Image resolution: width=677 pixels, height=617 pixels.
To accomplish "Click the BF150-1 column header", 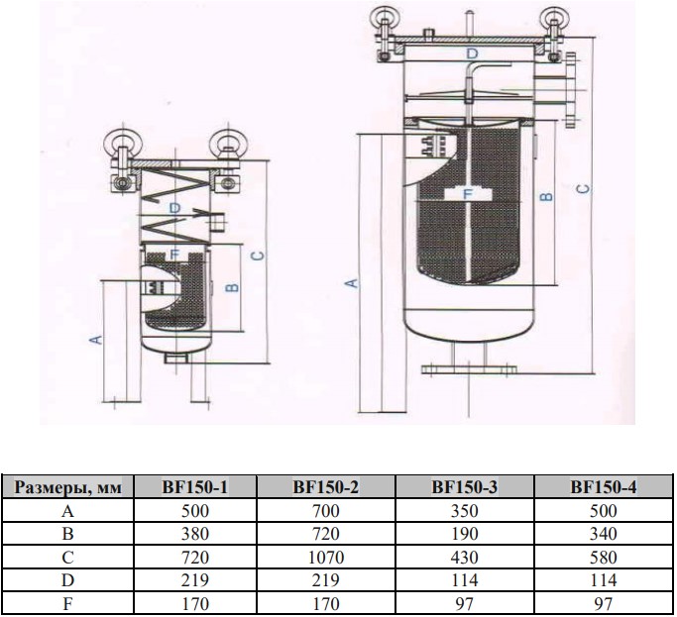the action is click(194, 487).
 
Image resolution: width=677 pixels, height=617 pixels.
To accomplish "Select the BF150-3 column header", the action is click(464, 487).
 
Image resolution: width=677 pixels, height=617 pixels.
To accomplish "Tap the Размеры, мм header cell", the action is click(67, 487).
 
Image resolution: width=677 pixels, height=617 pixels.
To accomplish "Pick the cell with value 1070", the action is click(326, 558).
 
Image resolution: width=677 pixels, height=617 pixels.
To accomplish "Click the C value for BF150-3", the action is click(464, 558).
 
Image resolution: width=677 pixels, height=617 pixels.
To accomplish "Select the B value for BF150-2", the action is click(326, 534).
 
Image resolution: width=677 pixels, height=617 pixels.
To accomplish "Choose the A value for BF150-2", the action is click(326, 511).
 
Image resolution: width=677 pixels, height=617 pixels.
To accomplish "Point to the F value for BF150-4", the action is click(604, 603).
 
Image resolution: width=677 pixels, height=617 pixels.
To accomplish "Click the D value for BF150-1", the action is click(194, 580).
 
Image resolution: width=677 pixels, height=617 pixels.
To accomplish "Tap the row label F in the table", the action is click(67, 603).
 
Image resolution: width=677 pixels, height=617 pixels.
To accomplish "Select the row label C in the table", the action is click(67, 558).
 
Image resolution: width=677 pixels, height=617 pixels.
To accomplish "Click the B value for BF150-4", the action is click(604, 534).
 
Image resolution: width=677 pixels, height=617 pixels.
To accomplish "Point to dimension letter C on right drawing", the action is click(584, 188).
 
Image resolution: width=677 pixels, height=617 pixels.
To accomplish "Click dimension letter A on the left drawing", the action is click(97, 339).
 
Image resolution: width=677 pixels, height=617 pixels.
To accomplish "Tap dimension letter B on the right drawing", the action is click(546, 196).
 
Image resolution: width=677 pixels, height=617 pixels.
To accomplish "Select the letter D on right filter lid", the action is click(473, 53).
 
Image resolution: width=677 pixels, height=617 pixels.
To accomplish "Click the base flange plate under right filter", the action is click(469, 369).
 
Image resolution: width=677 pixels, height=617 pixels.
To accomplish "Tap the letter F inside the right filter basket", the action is click(468, 194).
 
